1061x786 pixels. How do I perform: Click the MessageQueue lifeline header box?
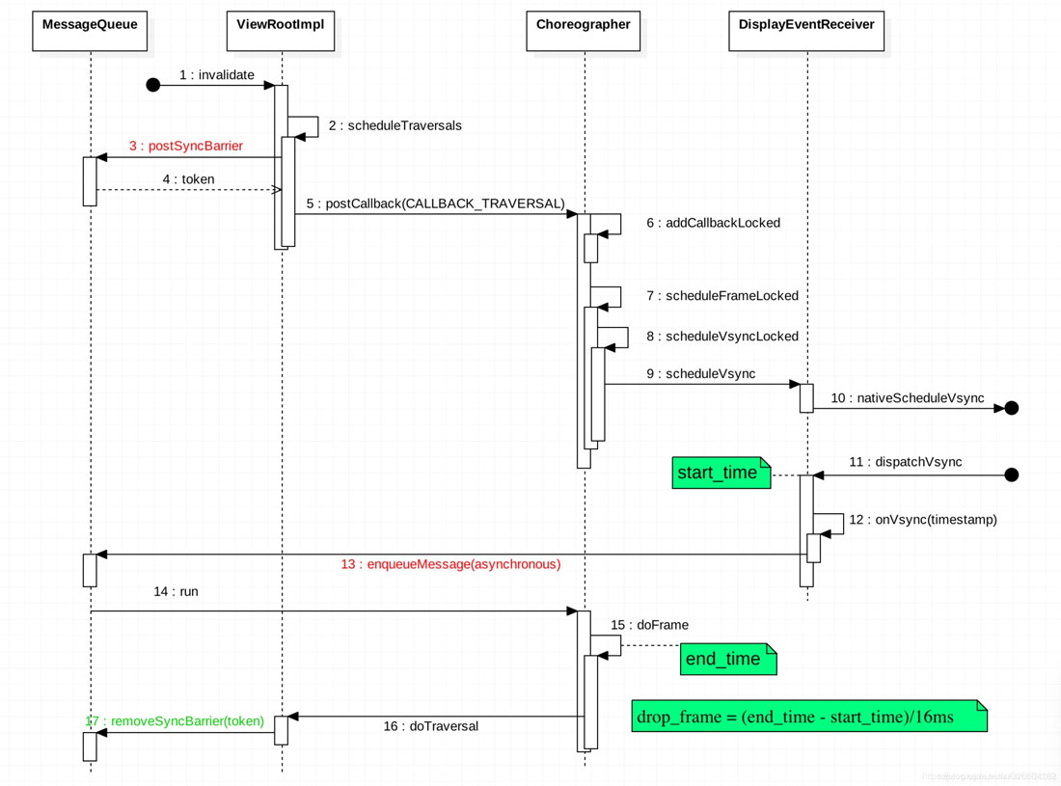(x=90, y=31)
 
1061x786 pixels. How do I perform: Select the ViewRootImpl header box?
(x=281, y=31)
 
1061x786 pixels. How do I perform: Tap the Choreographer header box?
(x=584, y=31)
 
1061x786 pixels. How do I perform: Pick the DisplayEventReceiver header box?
(x=806, y=31)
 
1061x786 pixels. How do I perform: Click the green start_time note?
(x=720, y=474)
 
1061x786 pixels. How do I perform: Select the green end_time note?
(x=726, y=659)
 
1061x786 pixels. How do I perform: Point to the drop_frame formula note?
(x=808, y=717)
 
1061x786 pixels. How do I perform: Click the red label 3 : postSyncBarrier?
(x=186, y=147)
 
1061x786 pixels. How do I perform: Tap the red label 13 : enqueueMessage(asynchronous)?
(x=450, y=564)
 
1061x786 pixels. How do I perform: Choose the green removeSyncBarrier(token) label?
(x=175, y=721)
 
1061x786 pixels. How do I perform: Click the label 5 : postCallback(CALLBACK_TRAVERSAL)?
(x=435, y=203)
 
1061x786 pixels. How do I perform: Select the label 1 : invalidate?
(x=217, y=75)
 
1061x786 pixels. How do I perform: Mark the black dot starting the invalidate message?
(x=152, y=86)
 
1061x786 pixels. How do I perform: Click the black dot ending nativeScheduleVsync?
(x=1011, y=408)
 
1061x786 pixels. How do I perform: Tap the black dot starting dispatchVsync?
(x=1011, y=474)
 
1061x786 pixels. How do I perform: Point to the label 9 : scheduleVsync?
(x=701, y=374)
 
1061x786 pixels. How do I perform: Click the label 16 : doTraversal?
(x=430, y=726)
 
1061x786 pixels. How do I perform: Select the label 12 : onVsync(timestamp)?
(x=923, y=520)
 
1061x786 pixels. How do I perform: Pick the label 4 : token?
(x=188, y=179)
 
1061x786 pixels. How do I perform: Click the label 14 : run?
(x=176, y=591)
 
